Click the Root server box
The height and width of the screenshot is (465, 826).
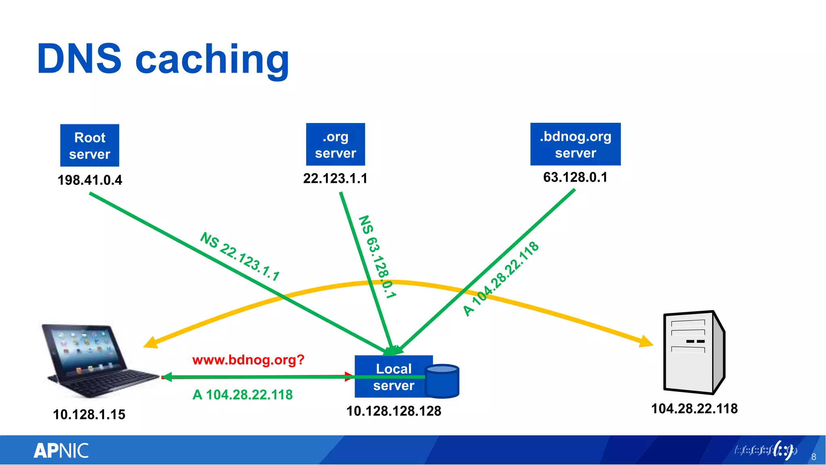(x=90, y=145)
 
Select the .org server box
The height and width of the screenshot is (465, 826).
(x=335, y=145)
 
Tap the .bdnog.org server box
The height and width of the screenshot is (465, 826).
(x=575, y=144)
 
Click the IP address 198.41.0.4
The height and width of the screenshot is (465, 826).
(x=90, y=180)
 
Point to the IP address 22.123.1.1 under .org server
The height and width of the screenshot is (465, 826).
(x=335, y=178)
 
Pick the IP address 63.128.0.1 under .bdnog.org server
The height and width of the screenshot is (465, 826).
(x=575, y=177)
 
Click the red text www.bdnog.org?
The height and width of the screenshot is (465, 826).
(x=248, y=360)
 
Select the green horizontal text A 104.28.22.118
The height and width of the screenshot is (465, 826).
(x=242, y=395)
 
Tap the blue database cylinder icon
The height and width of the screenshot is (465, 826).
(x=442, y=381)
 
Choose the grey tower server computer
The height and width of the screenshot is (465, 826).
(x=694, y=352)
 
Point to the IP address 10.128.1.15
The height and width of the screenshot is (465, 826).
(x=89, y=415)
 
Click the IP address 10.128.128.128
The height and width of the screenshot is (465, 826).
(x=394, y=411)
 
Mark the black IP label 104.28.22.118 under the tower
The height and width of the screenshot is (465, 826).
(x=694, y=408)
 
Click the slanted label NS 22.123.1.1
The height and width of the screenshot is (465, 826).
(x=240, y=257)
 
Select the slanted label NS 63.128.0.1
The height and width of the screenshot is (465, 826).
(x=377, y=257)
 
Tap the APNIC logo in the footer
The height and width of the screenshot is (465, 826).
(x=61, y=451)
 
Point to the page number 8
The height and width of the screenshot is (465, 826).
(x=813, y=457)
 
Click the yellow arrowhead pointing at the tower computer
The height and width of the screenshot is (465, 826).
(x=647, y=341)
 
